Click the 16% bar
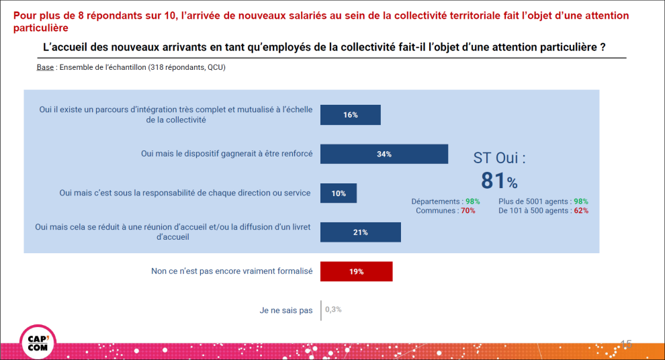tap(350, 115)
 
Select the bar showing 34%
tap(384, 154)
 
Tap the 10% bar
tap(339, 193)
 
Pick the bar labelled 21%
tap(361, 232)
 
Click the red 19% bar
tap(356, 271)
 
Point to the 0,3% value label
tap(333, 310)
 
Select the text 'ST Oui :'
tap(499, 158)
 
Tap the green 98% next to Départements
tap(472, 201)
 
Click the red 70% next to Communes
tap(468, 211)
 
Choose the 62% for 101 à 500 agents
tap(581, 211)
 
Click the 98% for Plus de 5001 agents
tap(581, 201)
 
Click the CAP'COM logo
tap(38, 341)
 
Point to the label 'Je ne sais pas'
tap(286, 310)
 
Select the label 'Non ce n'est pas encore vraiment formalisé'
tap(232, 271)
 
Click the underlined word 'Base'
tap(45, 68)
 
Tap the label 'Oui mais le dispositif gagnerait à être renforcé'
tap(226, 154)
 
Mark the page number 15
tap(626, 344)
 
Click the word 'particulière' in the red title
tap(40, 28)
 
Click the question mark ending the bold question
tap(603, 48)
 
